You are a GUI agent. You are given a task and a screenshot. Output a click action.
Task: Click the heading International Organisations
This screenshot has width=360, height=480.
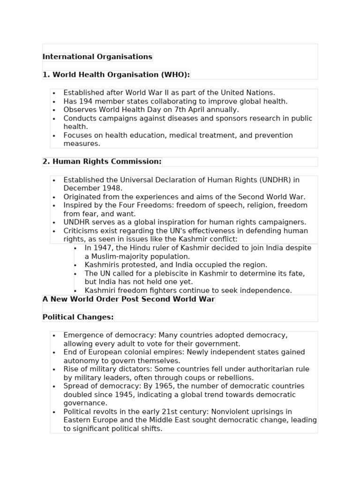[x=97, y=57]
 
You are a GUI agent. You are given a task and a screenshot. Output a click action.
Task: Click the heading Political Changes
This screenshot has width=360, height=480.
[x=78, y=317]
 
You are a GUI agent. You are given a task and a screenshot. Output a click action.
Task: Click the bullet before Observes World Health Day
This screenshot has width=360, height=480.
[x=54, y=110]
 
